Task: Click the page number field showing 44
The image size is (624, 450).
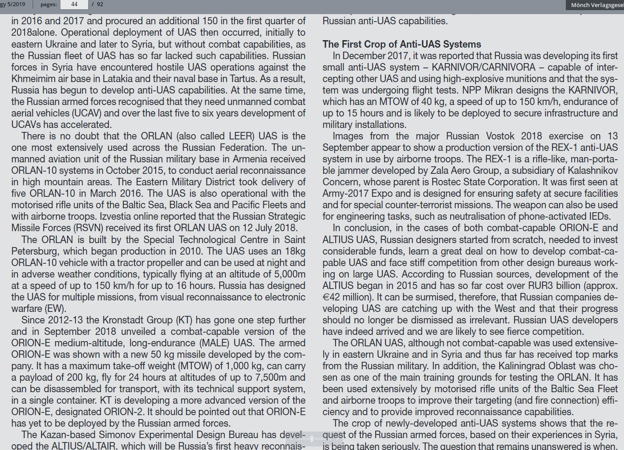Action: (74, 4)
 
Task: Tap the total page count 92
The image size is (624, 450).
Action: (100, 4)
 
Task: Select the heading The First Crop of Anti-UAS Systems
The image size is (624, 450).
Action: (402, 44)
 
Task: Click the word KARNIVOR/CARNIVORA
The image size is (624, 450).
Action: (483, 67)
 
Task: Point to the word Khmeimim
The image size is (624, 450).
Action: (34, 79)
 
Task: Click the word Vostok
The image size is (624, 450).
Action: (500, 136)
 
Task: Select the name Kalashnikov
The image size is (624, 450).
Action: (593, 171)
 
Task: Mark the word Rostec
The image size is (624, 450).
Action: (445, 182)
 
